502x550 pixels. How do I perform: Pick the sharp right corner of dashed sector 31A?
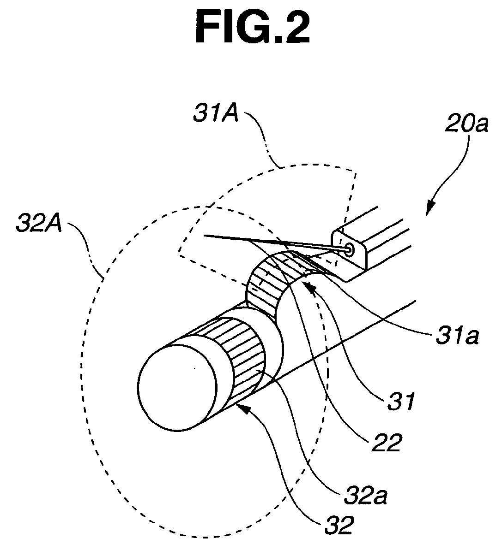(356, 172)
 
